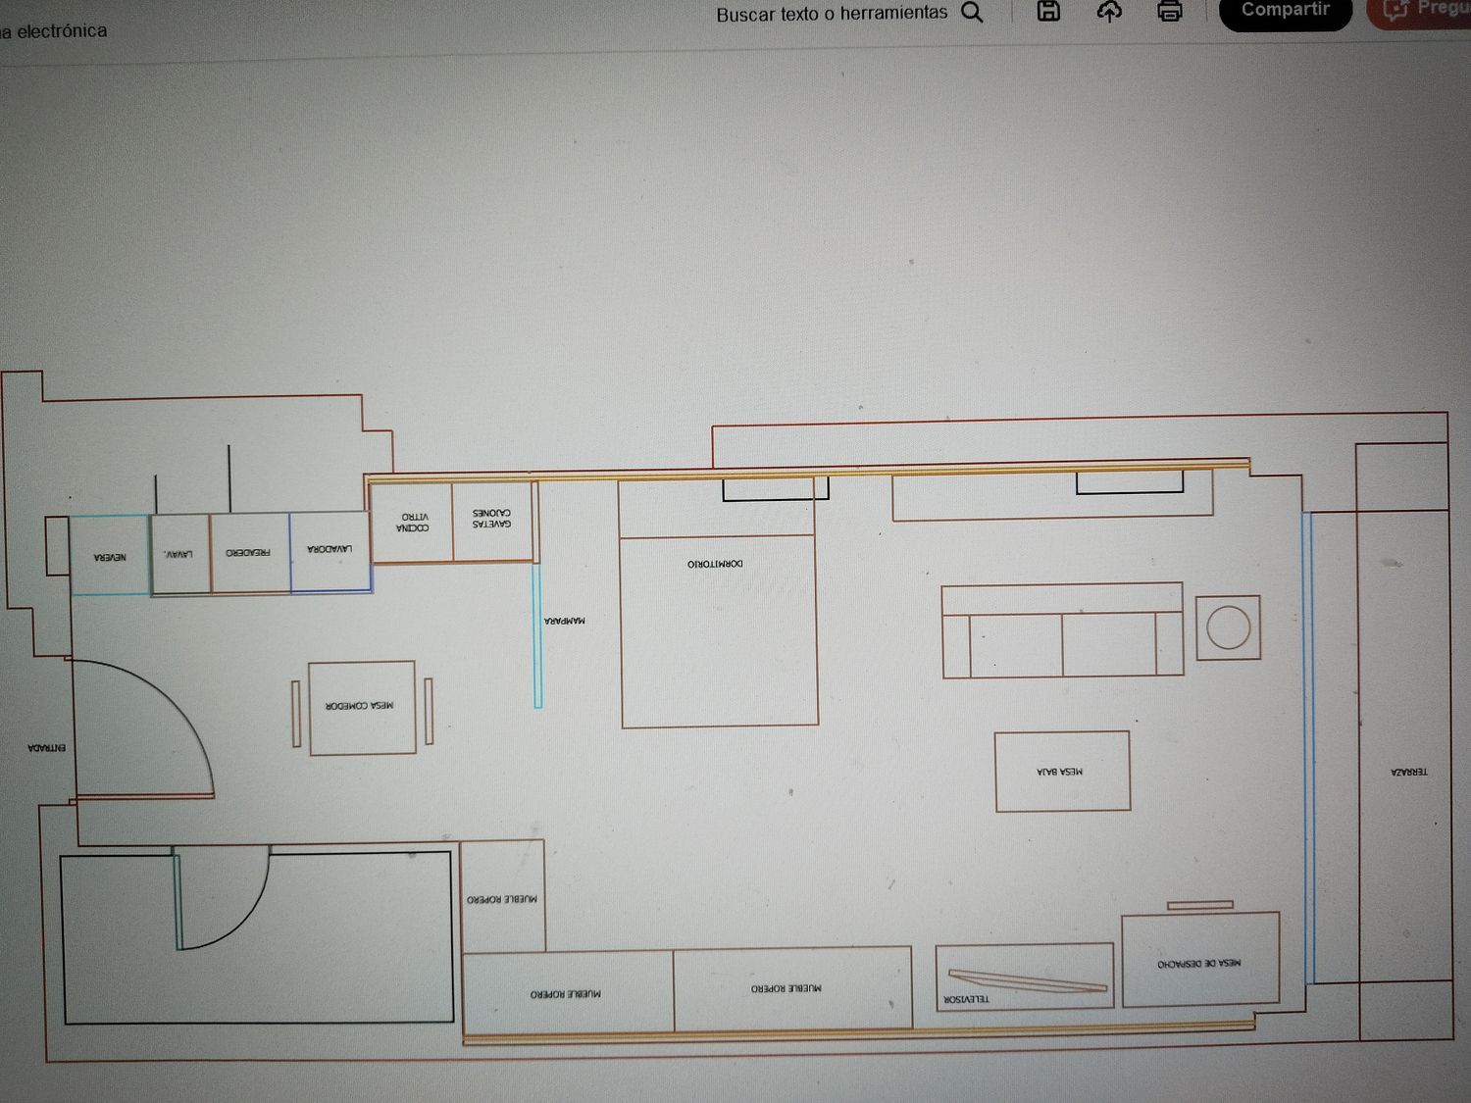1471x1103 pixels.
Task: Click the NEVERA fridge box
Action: click(x=110, y=555)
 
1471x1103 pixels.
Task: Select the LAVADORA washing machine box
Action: click(x=330, y=553)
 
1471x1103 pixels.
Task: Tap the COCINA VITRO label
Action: click(x=412, y=522)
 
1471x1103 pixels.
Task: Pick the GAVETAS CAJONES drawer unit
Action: click(x=492, y=520)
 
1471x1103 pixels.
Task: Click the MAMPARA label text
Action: click(x=564, y=621)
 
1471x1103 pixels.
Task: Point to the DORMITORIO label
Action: click(x=715, y=564)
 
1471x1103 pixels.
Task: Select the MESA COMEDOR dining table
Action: click(x=362, y=708)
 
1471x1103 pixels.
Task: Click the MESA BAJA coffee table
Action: click(x=1062, y=772)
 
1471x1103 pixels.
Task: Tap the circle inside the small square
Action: click(x=1228, y=627)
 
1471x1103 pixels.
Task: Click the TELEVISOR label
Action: click(x=966, y=999)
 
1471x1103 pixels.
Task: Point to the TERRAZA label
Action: click(x=1409, y=773)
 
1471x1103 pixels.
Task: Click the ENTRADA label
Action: click(x=47, y=748)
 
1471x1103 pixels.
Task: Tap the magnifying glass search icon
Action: click(x=972, y=13)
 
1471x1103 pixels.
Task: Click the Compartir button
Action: click(x=1285, y=11)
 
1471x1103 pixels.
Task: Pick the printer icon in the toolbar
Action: click(x=1169, y=12)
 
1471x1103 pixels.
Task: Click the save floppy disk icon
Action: click(x=1048, y=12)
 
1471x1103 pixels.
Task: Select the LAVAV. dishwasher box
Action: click(x=179, y=555)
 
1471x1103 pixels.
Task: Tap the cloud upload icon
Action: click(x=1109, y=12)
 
